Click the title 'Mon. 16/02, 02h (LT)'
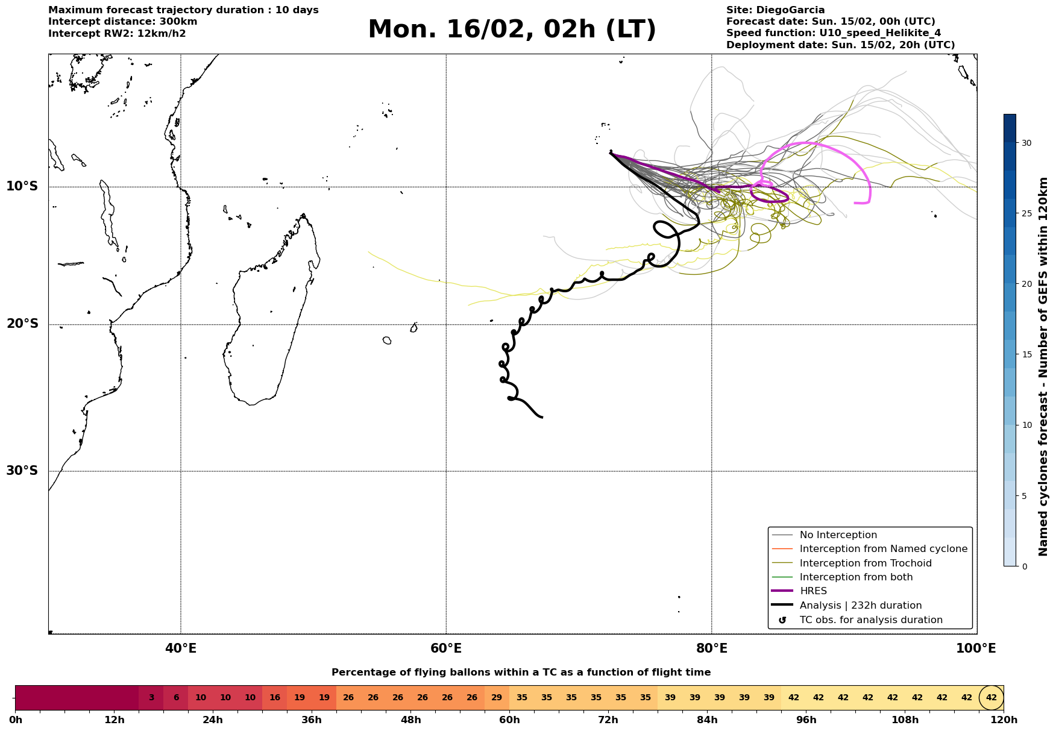[512, 30]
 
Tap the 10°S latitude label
[22, 186]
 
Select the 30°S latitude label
[22, 471]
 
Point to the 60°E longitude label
[446, 648]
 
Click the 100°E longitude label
[976, 648]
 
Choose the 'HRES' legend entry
[813, 591]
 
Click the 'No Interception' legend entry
[838, 535]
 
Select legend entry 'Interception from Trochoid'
[865, 563]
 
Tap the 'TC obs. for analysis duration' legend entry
[870, 620]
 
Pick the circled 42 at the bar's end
[992, 698]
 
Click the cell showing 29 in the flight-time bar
[497, 698]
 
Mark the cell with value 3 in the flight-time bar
[151, 698]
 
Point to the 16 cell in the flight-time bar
[275, 698]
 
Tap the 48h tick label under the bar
[410, 720]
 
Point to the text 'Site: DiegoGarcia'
[775, 10]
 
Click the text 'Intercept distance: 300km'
[123, 22]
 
